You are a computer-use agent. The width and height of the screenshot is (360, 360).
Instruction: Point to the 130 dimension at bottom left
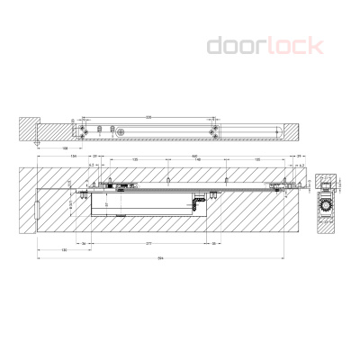click(64, 249)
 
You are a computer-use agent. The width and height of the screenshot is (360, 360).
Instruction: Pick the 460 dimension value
click(193, 156)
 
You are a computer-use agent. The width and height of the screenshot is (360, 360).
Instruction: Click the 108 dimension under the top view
click(67, 148)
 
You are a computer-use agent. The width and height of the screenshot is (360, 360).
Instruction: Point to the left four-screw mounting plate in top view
click(85, 131)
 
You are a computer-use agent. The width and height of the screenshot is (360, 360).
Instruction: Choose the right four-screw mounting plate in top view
click(214, 131)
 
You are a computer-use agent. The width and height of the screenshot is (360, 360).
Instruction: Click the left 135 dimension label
click(135, 161)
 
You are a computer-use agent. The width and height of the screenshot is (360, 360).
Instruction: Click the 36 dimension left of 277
click(84, 243)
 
